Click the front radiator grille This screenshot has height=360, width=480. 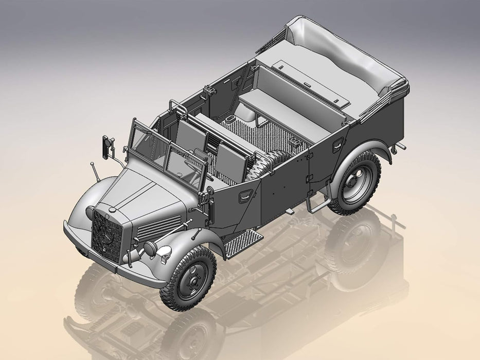107,237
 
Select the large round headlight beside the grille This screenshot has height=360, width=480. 150,248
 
